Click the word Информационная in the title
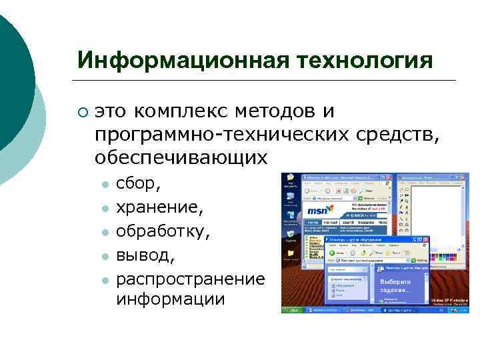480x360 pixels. click(x=179, y=61)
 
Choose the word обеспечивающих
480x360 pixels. click(x=181, y=158)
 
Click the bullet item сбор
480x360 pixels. click(x=137, y=183)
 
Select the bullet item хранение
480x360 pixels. click(x=159, y=208)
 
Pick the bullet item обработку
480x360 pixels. click(x=163, y=231)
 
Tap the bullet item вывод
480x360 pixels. click(x=145, y=255)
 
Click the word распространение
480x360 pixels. click(x=190, y=277)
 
